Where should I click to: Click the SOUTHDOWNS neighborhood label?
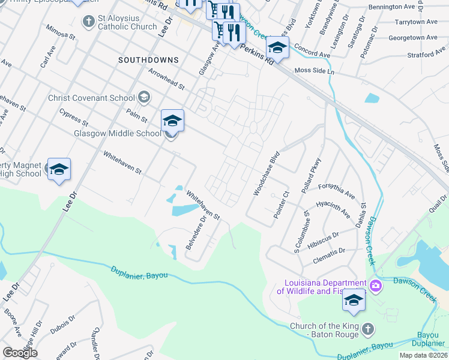[x=148, y=60]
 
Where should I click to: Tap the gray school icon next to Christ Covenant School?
[x=144, y=97]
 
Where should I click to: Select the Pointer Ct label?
[x=282, y=205]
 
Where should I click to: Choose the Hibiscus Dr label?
[x=323, y=238]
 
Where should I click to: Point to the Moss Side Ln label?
[x=314, y=71]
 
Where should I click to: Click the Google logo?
[x=20, y=353]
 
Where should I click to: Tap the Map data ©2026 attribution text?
[x=423, y=355]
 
